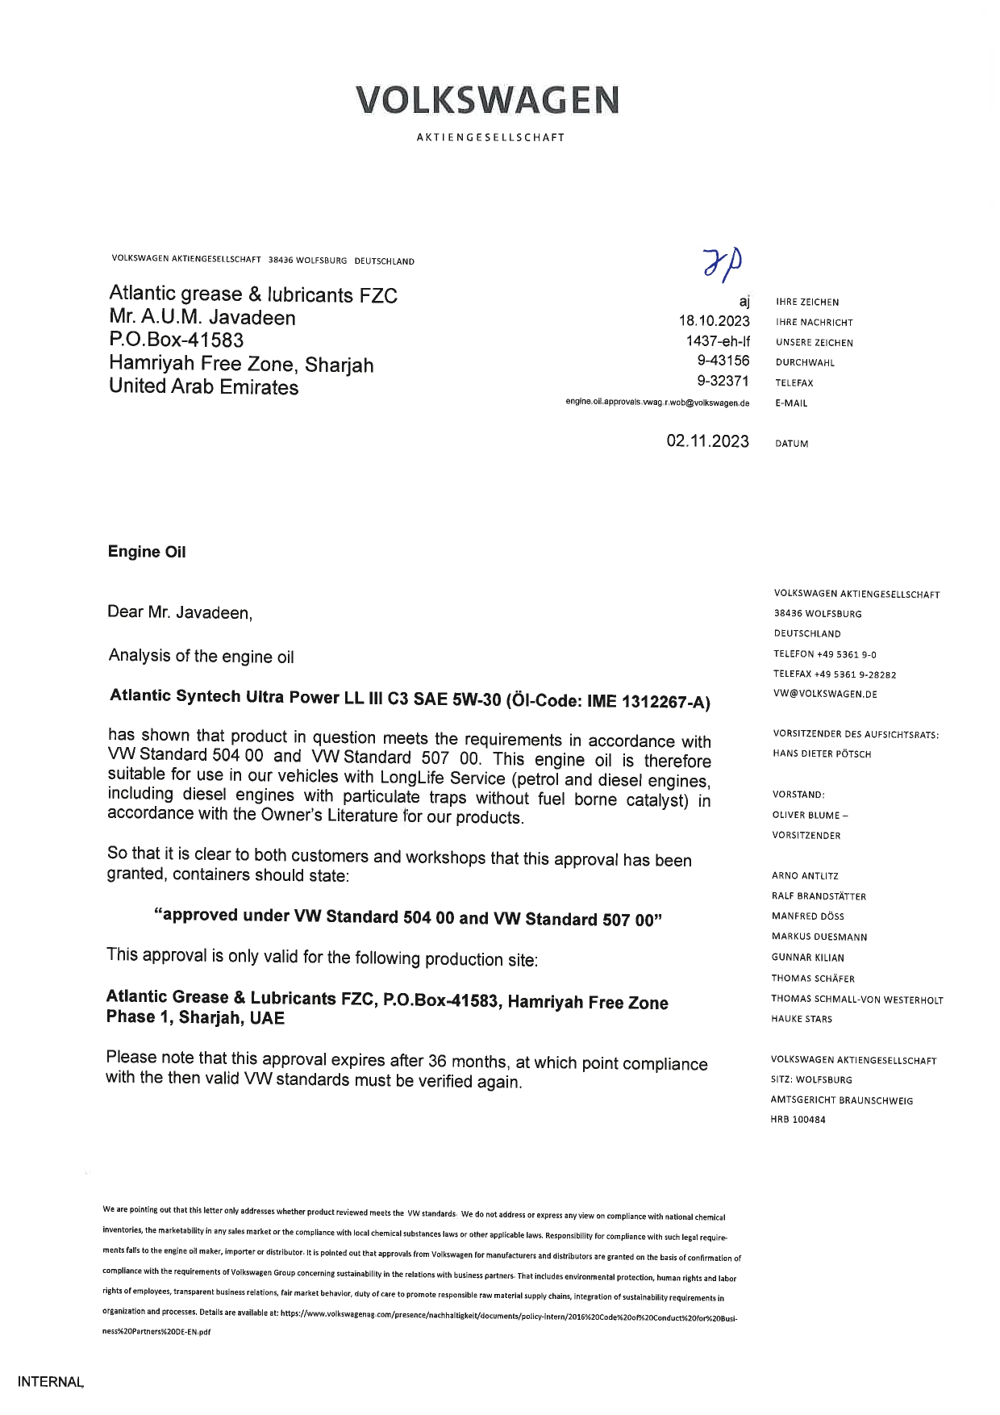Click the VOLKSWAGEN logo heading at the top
click(488, 100)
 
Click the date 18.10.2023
click(714, 321)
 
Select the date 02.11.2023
click(707, 441)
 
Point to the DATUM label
click(791, 444)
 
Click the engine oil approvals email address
click(657, 402)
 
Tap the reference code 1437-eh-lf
click(717, 341)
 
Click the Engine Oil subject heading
click(147, 552)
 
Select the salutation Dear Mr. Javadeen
click(180, 613)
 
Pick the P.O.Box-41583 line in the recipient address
click(177, 340)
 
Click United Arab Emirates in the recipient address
click(203, 387)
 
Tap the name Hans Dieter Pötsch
click(822, 754)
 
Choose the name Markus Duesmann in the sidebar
click(819, 937)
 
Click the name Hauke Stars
click(802, 1019)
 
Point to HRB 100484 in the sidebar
click(798, 1120)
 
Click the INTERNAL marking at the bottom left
click(50, 1381)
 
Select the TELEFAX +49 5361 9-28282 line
click(835, 674)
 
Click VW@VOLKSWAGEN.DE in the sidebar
click(825, 694)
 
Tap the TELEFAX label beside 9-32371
click(794, 383)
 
